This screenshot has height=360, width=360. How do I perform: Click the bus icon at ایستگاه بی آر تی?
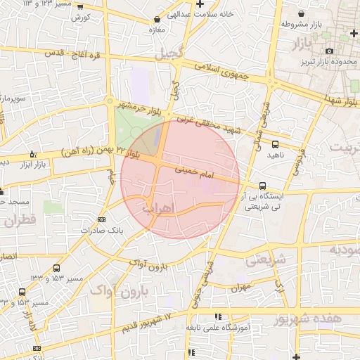262,186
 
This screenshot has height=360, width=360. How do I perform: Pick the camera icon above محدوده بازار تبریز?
329,51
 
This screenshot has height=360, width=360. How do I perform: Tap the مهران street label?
239,288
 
